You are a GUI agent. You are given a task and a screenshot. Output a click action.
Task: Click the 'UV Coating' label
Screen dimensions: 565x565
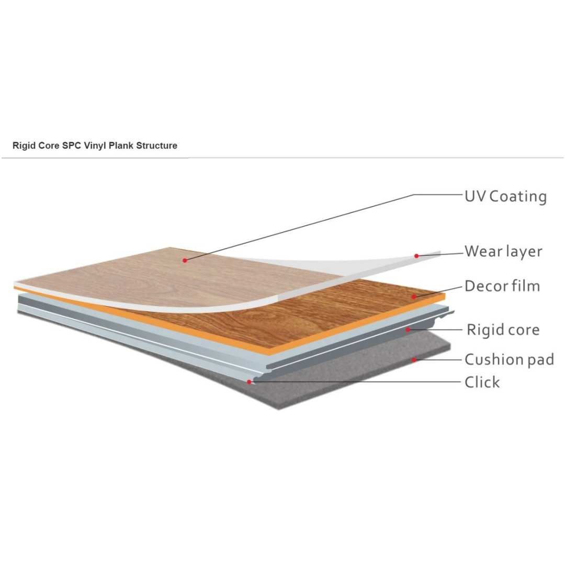pyautogui.click(x=505, y=197)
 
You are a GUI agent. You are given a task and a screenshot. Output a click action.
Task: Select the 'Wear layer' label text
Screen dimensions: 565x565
pyautogui.click(x=503, y=252)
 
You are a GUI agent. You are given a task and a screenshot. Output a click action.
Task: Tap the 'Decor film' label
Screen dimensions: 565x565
pyautogui.click(x=502, y=286)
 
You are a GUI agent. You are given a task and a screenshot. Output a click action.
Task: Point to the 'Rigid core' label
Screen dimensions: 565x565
pyautogui.click(x=503, y=330)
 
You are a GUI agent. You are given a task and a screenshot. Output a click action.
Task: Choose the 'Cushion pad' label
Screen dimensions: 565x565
pyautogui.click(x=509, y=359)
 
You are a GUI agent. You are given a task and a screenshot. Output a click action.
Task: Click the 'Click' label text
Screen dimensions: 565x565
pyautogui.click(x=482, y=382)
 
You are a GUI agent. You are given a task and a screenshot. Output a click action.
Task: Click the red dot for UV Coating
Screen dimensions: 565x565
pyautogui.click(x=185, y=260)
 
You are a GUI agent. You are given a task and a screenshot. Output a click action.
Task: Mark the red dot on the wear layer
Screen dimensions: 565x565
pyautogui.click(x=416, y=256)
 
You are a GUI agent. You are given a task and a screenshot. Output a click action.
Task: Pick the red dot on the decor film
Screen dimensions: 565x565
pyautogui.click(x=414, y=297)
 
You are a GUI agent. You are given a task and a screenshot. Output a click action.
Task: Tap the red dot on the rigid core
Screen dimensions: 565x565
pyautogui.click(x=408, y=330)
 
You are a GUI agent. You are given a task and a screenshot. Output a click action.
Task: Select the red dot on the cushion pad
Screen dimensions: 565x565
pyautogui.click(x=414, y=359)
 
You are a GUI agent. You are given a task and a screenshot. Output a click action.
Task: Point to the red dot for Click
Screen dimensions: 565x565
pyautogui.click(x=249, y=381)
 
